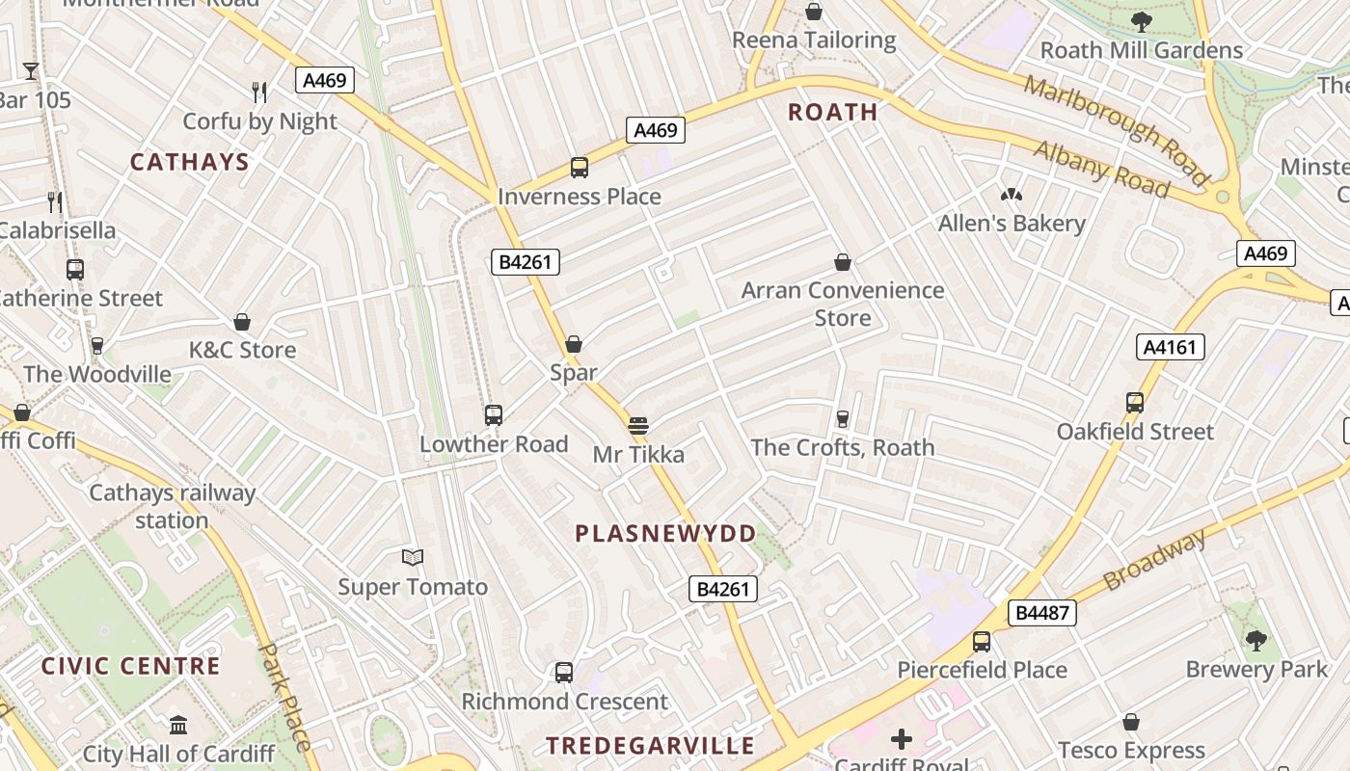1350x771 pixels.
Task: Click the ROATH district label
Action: (x=833, y=112)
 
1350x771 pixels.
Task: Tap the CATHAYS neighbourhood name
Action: (x=190, y=162)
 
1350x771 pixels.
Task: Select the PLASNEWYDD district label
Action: (x=666, y=534)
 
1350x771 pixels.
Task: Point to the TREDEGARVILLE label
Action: (x=651, y=745)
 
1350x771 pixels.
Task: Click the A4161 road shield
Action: (x=1171, y=347)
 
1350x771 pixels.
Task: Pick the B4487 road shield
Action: (x=1042, y=612)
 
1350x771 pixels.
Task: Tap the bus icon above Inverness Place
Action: (x=580, y=168)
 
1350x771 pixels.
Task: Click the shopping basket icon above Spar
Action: (x=574, y=344)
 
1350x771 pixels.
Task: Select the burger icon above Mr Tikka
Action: (x=637, y=425)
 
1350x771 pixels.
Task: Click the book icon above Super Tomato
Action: (x=413, y=557)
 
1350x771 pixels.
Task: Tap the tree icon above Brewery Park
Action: (x=1255, y=640)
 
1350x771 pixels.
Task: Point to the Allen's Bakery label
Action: (x=1012, y=224)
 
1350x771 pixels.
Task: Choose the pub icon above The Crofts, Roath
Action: (x=843, y=418)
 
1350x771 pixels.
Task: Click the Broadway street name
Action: (x=1154, y=559)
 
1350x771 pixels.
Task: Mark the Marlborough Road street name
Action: (x=1116, y=130)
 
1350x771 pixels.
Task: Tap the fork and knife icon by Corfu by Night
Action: (x=259, y=93)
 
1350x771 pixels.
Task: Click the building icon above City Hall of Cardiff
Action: (x=178, y=725)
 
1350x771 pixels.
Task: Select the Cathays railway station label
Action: (x=172, y=507)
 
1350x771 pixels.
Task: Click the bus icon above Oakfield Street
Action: (x=1135, y=403)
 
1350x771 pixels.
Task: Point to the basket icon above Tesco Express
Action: (x=1131, y=722)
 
